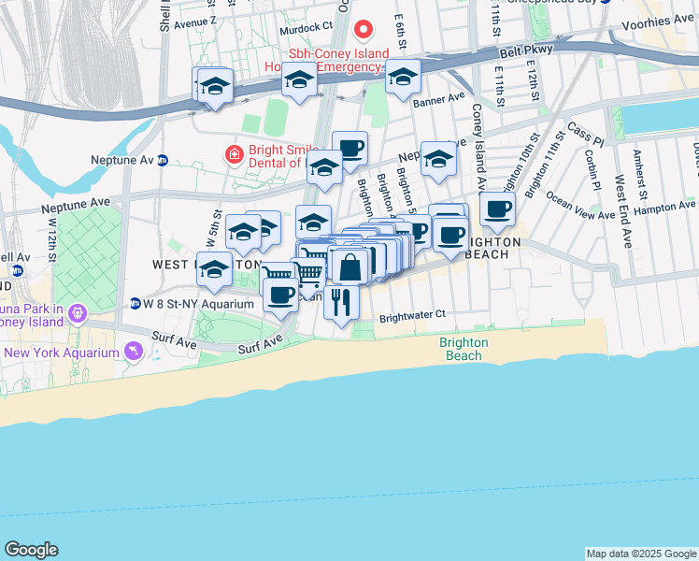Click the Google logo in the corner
coord(31,550)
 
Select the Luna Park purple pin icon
coord(79,312)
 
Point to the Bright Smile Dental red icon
coord(232,152)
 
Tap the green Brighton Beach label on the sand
coord(464,349)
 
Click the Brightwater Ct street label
coord(412,317)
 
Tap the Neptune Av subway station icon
coord(162,160)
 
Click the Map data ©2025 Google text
coord(641,554)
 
